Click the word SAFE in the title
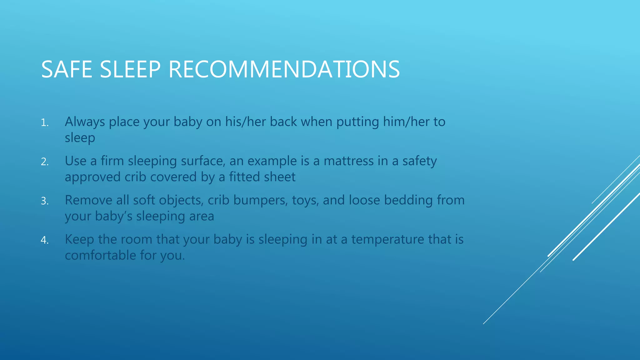66,69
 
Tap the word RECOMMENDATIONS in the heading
284,69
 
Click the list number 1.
44,123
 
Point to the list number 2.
44,162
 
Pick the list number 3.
44,201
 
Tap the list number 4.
44,240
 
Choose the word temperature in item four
387,240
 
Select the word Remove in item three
88,200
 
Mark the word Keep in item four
79,239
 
